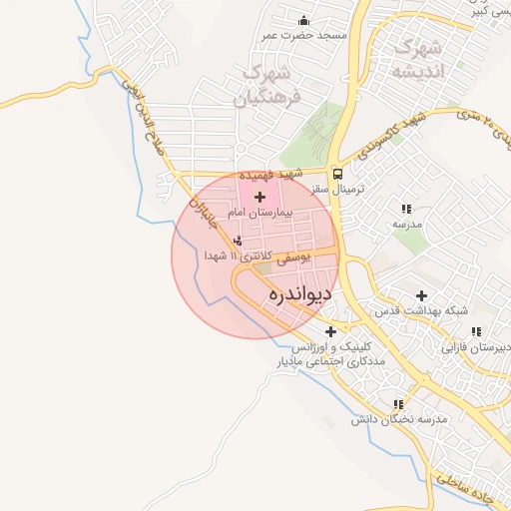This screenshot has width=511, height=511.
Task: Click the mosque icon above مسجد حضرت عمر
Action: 303,20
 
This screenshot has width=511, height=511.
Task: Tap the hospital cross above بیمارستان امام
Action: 260,198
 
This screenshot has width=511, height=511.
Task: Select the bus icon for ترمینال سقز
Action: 336,171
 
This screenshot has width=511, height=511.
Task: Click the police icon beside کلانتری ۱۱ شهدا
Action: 238,241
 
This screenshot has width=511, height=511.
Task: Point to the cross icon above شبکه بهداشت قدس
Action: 422,295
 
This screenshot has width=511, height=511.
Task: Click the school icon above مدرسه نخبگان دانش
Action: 399,404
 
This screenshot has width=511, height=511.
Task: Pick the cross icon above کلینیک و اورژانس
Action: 330,331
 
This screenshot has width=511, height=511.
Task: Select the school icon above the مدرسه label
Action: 405,209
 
